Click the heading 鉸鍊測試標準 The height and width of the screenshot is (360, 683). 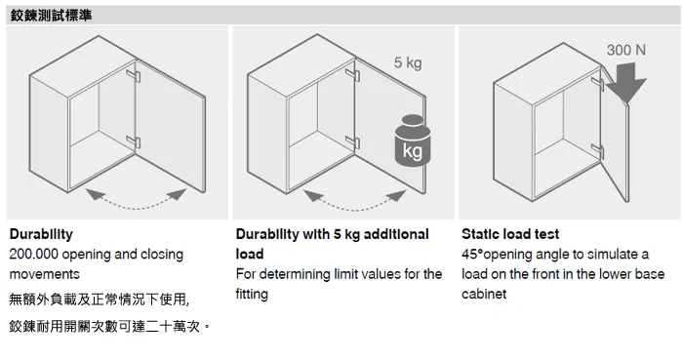coord(51,16)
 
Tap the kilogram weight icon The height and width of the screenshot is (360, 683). coord(413,140)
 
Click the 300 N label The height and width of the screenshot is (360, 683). coord(626,50)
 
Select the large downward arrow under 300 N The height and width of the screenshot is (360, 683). coord(626,83)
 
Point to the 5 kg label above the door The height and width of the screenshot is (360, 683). coord(408,62)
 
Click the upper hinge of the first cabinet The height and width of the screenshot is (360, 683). coord(134,76)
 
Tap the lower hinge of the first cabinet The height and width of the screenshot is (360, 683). coord(134,141)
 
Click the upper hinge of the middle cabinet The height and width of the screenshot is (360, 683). coord(352,75)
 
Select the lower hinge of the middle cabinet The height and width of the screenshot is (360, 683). coord(352,141)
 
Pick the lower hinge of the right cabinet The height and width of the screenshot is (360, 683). coord(597,150)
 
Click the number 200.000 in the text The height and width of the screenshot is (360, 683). coord(33,255)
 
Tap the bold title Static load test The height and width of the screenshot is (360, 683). coord(510,234)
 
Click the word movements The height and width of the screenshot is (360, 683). coord(45,274)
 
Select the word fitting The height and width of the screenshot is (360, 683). coord(252,295)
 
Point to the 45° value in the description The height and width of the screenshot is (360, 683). coord(472,255)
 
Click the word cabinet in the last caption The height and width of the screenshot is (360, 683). coord(484,295)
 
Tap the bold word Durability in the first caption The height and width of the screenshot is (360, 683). coord(41,234)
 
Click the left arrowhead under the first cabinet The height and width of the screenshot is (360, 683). coord(95,194)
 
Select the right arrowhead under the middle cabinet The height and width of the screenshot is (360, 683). coord(396,195)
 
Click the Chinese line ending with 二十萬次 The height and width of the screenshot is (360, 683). coord(109,326)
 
